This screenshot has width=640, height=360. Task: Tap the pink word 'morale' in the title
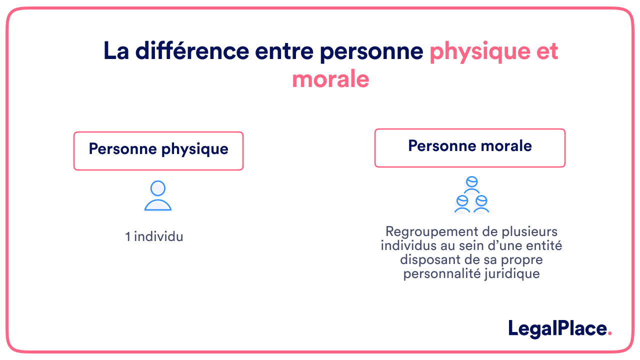330,79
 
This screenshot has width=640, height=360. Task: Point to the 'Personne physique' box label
158,149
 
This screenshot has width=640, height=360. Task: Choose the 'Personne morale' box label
470,146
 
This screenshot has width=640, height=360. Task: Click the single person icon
158,196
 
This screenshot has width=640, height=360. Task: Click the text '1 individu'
154,236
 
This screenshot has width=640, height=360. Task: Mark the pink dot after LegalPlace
609,334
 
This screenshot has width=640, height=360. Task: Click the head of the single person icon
158,188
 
